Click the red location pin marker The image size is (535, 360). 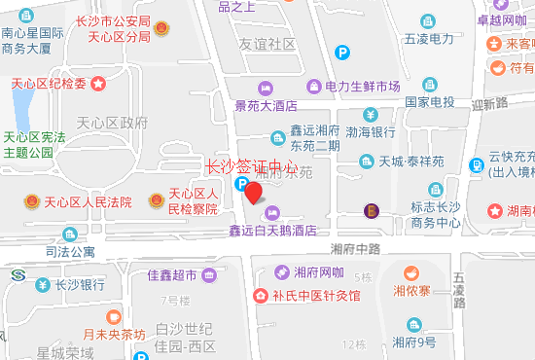[x=253, y=192]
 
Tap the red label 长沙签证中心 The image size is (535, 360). [x=253, y=165]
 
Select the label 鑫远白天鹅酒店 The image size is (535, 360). [x=273, y=231]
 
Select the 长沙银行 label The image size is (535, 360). [x=80, y=285]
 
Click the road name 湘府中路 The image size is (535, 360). [x=352, y=249]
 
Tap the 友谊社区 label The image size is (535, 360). [x=267, y=44]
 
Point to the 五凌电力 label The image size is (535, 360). [x=429, y=39]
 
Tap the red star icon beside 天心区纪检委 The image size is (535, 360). [x=98, y=84]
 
